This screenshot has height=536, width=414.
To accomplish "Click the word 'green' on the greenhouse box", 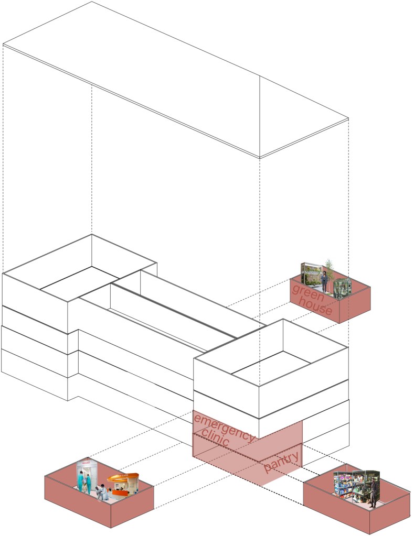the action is point(308,292).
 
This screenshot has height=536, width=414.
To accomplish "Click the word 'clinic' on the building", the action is point(215,437).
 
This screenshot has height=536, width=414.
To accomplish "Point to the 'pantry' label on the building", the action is point(281,462).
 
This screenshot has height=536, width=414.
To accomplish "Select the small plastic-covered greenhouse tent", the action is point(342,289).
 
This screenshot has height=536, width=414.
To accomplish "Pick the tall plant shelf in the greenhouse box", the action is point(311,274).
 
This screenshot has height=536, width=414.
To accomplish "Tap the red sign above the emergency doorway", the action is point(84,463).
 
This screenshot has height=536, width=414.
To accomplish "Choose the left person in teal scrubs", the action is point(81,480).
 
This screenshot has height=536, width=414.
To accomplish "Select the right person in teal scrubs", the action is point(88,484).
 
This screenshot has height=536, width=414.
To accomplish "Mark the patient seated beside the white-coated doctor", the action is point(98,492).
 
